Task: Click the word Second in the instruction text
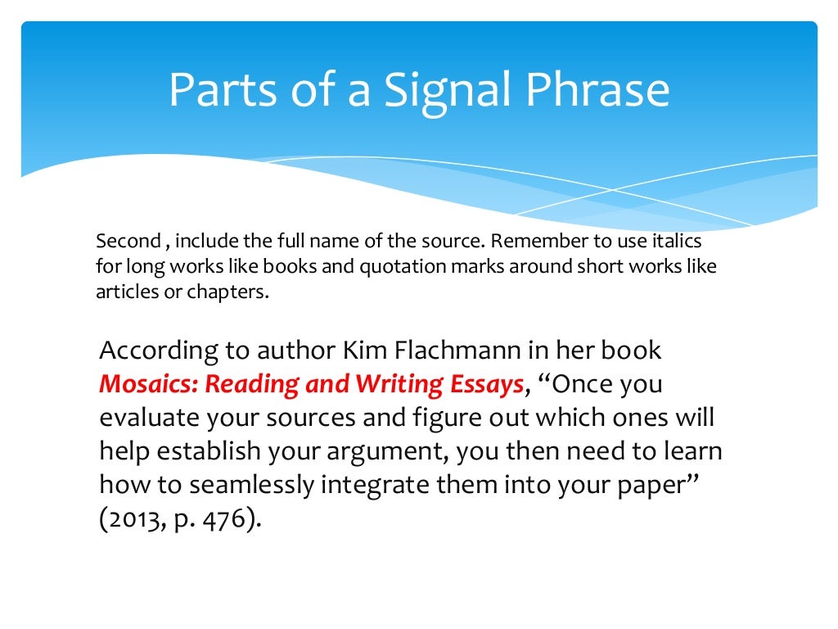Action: click(x=128, y=242)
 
